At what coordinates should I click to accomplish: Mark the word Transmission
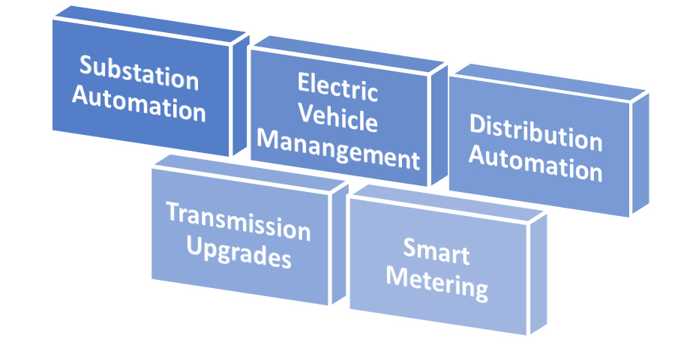(x=238, y=221)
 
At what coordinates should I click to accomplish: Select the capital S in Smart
(x=409, y=247)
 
